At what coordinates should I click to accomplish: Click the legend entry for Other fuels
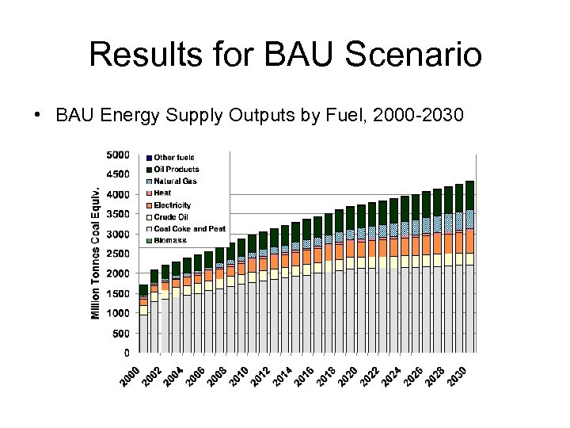[x=173, y=158]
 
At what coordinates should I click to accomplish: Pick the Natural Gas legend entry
[x=175, y=182]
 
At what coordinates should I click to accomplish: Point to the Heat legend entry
[x=162, y=193]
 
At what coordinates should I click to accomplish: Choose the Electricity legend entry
[x=172, y=205]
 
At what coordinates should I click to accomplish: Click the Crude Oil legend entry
[x=170, y=216]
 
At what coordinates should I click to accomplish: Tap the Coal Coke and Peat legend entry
[x=189, y=228]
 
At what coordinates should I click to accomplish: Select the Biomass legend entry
[x=169, y=240]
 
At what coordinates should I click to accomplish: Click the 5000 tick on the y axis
[x=119, y=155]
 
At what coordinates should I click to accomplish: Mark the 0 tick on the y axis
[x=127, y=353]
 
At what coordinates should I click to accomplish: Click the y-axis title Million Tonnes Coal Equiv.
[x=96, y=254]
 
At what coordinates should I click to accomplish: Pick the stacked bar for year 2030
[x=469, y=266]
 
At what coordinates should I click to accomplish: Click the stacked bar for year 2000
[x=143, y=319]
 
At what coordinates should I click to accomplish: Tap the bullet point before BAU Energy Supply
[x=37, y=115]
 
